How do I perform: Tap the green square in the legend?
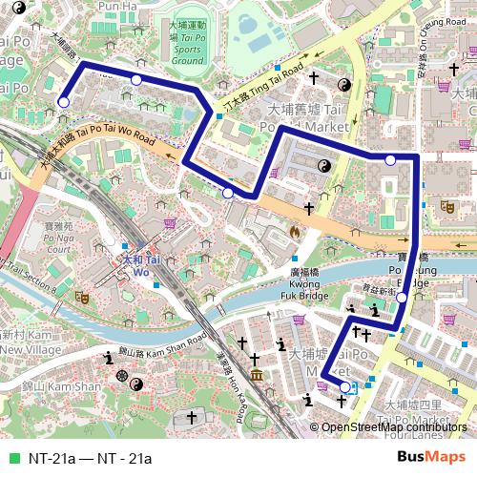12,458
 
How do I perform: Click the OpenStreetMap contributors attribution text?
393,427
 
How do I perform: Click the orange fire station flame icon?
295,231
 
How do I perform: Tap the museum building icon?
257,373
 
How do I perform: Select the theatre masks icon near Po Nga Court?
82,298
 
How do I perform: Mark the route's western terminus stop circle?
64,102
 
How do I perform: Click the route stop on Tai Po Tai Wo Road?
227,193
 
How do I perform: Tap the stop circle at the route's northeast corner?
389,159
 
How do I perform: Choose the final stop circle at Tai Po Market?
345,387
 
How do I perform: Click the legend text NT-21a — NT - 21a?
90,458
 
